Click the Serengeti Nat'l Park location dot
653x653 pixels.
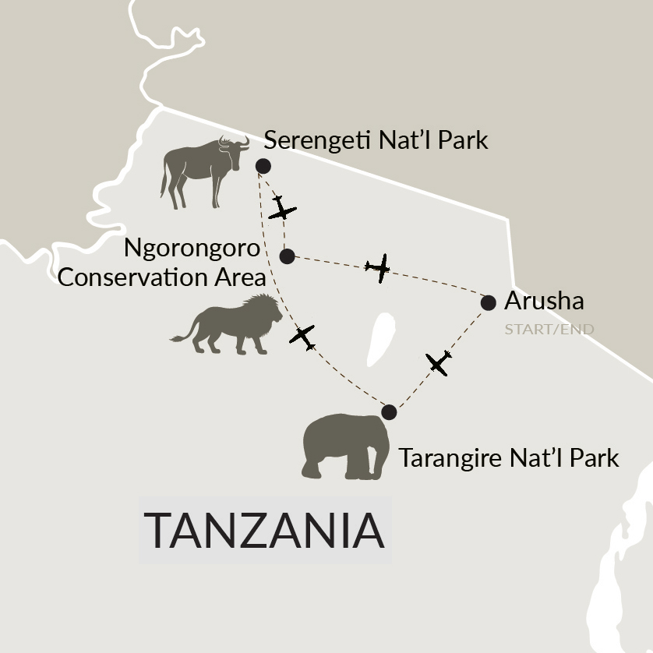click(263, 165)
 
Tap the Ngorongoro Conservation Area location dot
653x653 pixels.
click(287, 256)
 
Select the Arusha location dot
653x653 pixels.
click(489, 302)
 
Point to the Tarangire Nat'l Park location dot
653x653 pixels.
click(389, 412)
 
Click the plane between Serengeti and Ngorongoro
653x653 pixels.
click(281, 209)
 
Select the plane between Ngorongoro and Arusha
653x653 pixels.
click(379, 268)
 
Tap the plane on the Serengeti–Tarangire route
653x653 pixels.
click(302, 337)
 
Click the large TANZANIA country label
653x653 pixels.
click(265, 530)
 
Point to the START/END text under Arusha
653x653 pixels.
click(549, 329)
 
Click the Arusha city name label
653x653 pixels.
click(544, 301)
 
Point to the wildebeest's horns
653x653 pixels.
click(235, 141)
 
